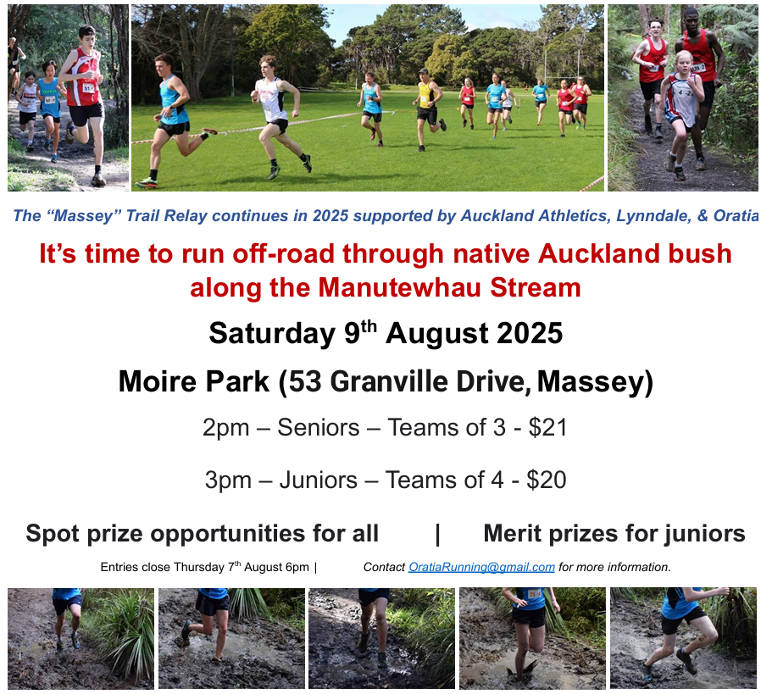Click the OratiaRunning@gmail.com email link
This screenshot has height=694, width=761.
(481, 567)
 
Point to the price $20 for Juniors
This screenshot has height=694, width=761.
(546, 480)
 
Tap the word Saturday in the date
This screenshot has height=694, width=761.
(272, 333)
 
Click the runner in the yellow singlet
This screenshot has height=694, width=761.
(428, 108)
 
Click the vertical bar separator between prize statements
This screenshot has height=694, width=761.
(438, 534)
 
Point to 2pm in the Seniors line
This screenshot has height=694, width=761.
(225, 428)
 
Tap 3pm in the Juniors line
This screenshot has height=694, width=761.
(228, 480)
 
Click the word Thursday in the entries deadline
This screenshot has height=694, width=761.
(199, 567)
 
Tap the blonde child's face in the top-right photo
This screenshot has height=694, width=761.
(683, 64)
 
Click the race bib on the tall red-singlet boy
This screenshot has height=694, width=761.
(88, 88)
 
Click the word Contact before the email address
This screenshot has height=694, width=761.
(384, 567)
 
